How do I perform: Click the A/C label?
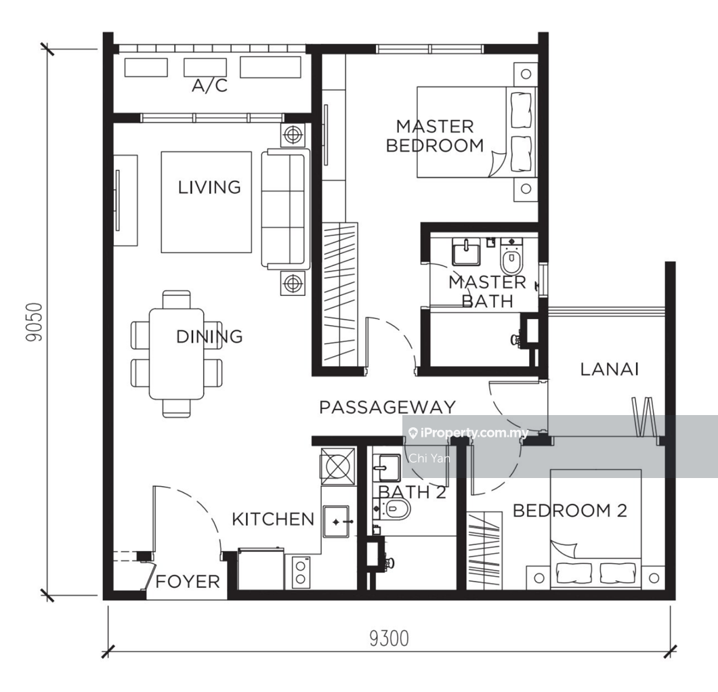[x=209, y=85]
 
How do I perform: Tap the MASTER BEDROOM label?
[x=435, y=136]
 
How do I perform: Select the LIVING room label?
[x=209, y=187]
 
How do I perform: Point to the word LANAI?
[x=609, y=369]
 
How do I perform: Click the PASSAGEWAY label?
[x=387, y=408]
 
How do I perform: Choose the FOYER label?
[x=188, y=582]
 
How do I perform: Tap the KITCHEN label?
[x=273, y=519]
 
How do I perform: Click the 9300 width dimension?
[x=389, y=639]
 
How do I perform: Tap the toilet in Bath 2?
[x=395, y=509]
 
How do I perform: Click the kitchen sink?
[x=336, y=522]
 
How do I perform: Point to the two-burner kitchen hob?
[x=300, y=571]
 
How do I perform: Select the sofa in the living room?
[x=285, y=209]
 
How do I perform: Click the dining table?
[x=177, y=353]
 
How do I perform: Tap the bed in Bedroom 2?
[x=595, y=529]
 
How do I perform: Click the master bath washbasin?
[x=466, y=252]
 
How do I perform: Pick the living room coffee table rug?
[x=206, y=202]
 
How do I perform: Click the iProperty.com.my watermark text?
[x=469, y=433]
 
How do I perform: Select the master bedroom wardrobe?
[x=340, y=295]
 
